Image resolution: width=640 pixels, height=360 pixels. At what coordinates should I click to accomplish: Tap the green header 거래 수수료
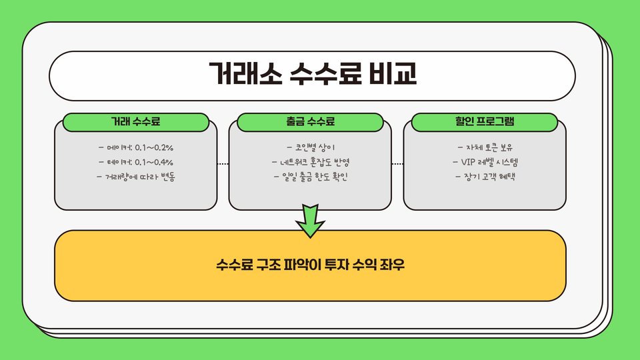tap(136, 122)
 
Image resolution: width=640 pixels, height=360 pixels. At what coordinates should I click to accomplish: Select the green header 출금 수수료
tap(311, 122)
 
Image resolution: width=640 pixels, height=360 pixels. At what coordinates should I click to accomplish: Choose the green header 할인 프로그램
tap(484, 122)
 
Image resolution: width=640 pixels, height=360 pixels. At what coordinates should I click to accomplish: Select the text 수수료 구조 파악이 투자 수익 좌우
tap(311, 265)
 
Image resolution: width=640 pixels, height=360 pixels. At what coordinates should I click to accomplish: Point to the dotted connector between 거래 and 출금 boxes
tap(223, 163)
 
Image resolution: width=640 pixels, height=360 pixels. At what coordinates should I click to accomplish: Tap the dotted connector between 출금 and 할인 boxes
tap(397, 163)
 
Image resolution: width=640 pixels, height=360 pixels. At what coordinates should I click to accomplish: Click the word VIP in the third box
tap(469, 162)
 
